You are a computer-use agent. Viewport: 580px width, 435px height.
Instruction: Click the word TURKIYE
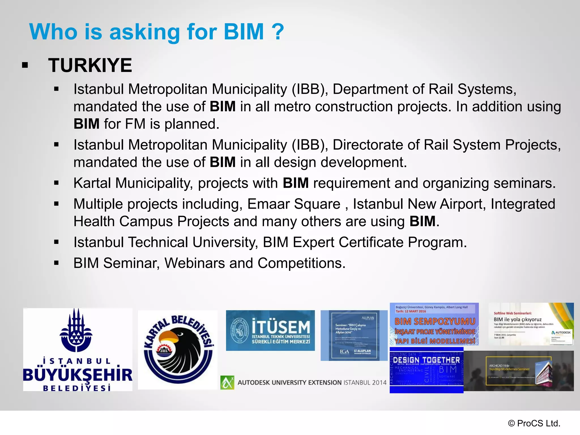pos(90,65)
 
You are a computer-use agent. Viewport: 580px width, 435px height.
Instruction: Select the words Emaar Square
pos(294,204)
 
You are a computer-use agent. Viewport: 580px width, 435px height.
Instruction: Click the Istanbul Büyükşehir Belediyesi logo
pos(78,349)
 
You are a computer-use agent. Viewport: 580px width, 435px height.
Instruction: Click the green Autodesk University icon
pos(227,382)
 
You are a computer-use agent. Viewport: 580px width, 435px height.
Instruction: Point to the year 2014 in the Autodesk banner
pos(379,383)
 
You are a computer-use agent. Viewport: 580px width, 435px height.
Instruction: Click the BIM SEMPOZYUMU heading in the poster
pos(435,321)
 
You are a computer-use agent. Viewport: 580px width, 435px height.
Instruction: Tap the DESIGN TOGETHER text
pos(426,360)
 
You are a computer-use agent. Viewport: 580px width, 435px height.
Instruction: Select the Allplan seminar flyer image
pos(354,335)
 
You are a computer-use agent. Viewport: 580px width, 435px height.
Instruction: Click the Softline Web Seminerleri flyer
pos(531,324)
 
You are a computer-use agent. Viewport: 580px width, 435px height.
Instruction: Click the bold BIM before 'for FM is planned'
pos(86,124)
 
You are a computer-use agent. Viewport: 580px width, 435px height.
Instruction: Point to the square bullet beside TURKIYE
pos(25,65)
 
